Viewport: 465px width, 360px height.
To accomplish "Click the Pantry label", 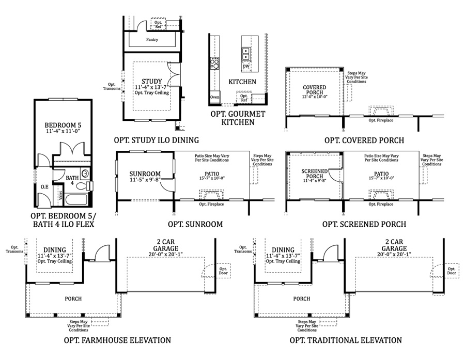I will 152,39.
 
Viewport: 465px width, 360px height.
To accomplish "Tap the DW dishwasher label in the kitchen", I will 246,67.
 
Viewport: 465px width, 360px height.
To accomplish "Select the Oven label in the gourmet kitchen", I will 214,97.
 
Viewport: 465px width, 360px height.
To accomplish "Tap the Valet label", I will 60,196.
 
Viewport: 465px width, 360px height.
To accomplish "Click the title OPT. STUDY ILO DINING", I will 157,140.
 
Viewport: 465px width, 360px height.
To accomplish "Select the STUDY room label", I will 152,81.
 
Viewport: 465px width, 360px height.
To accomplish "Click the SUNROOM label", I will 145,174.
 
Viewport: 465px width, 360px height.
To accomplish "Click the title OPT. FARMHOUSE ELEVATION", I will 117,340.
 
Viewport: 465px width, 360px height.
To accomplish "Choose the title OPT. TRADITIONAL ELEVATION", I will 346,340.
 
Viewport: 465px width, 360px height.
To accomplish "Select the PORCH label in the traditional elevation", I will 302,299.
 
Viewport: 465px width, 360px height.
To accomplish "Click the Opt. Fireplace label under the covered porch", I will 380,120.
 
